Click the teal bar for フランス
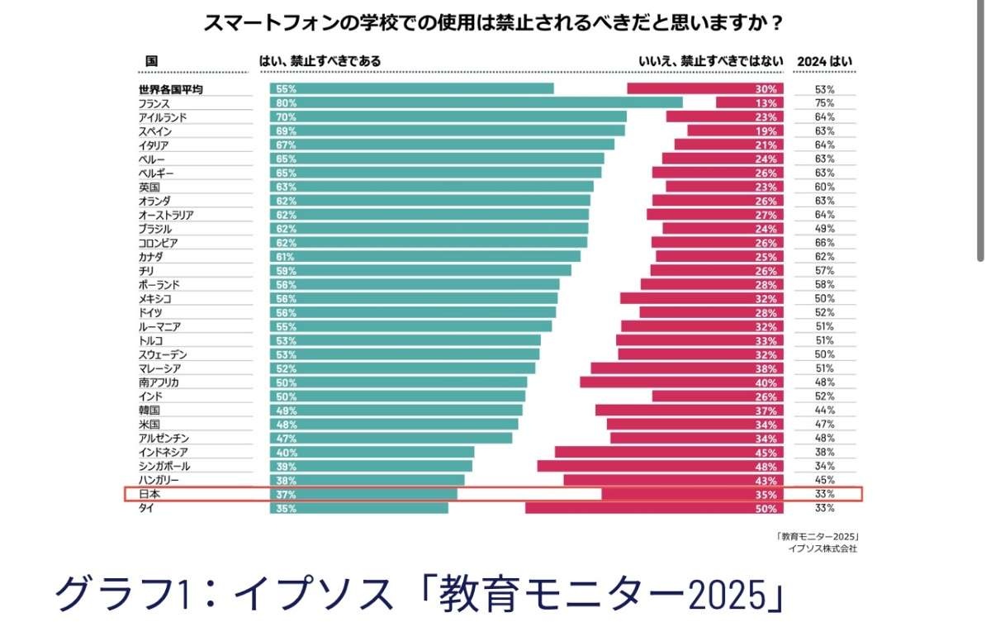[x=476, y=102]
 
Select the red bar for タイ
[x=652, y=508]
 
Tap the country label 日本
[x=149, y=494]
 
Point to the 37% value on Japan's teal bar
[x=287, y=494]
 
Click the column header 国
[x=151, y=61]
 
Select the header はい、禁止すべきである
[x=320, y=61]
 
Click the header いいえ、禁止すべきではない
[x=708, y=61]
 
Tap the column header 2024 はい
[x=824, y=61]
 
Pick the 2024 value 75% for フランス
[x=824, y=102]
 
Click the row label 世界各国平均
[x=171, y=89]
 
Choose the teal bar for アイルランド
[x=448, y=116]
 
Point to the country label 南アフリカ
[x=159, y=382]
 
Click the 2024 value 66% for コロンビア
[x=824, y=243]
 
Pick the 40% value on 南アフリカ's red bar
[x=766, y=382]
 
